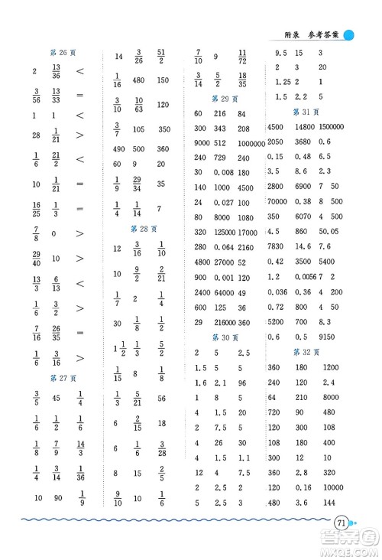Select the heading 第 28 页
click(x=139, y=229)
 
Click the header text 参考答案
click(x=323, y=34)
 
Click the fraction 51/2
click(x=162, y=57)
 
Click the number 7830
click(x=276, y=246)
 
